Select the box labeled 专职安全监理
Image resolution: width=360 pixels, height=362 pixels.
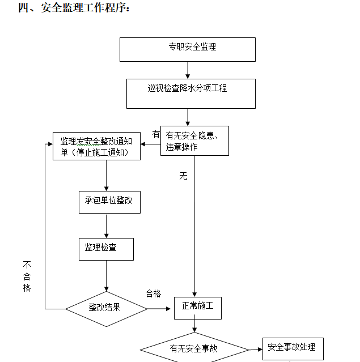[187, 49]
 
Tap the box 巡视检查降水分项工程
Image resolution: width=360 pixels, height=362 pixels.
[190, 93]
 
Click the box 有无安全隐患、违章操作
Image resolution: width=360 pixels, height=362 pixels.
[194, 140]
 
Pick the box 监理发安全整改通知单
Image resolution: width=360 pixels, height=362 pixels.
[96, 146]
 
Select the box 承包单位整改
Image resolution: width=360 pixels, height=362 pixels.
[109, 202]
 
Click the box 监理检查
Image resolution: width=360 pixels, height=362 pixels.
[106, 249]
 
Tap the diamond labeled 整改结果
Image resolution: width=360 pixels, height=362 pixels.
[106, 308]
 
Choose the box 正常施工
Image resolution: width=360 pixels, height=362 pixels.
[197, 308]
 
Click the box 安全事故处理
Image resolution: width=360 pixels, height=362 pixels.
[293, 348]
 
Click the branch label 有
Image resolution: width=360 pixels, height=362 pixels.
[156, 134]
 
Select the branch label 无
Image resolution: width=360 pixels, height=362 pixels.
[183, 176]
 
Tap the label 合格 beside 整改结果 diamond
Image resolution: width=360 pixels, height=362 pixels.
[153, 293]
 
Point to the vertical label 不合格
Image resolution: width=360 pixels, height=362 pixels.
[27, 276]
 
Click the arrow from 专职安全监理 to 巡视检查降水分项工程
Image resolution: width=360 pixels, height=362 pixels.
[188, 70]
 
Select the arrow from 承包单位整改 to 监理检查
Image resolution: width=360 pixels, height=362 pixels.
[106, 225]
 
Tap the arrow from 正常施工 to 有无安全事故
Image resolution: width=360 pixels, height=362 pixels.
[194, 326]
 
